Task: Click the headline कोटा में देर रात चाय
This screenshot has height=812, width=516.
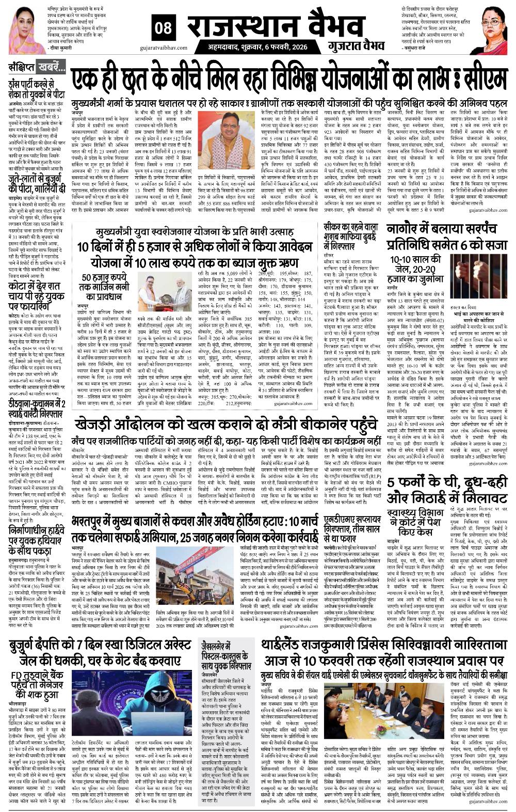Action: coord(35,297)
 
